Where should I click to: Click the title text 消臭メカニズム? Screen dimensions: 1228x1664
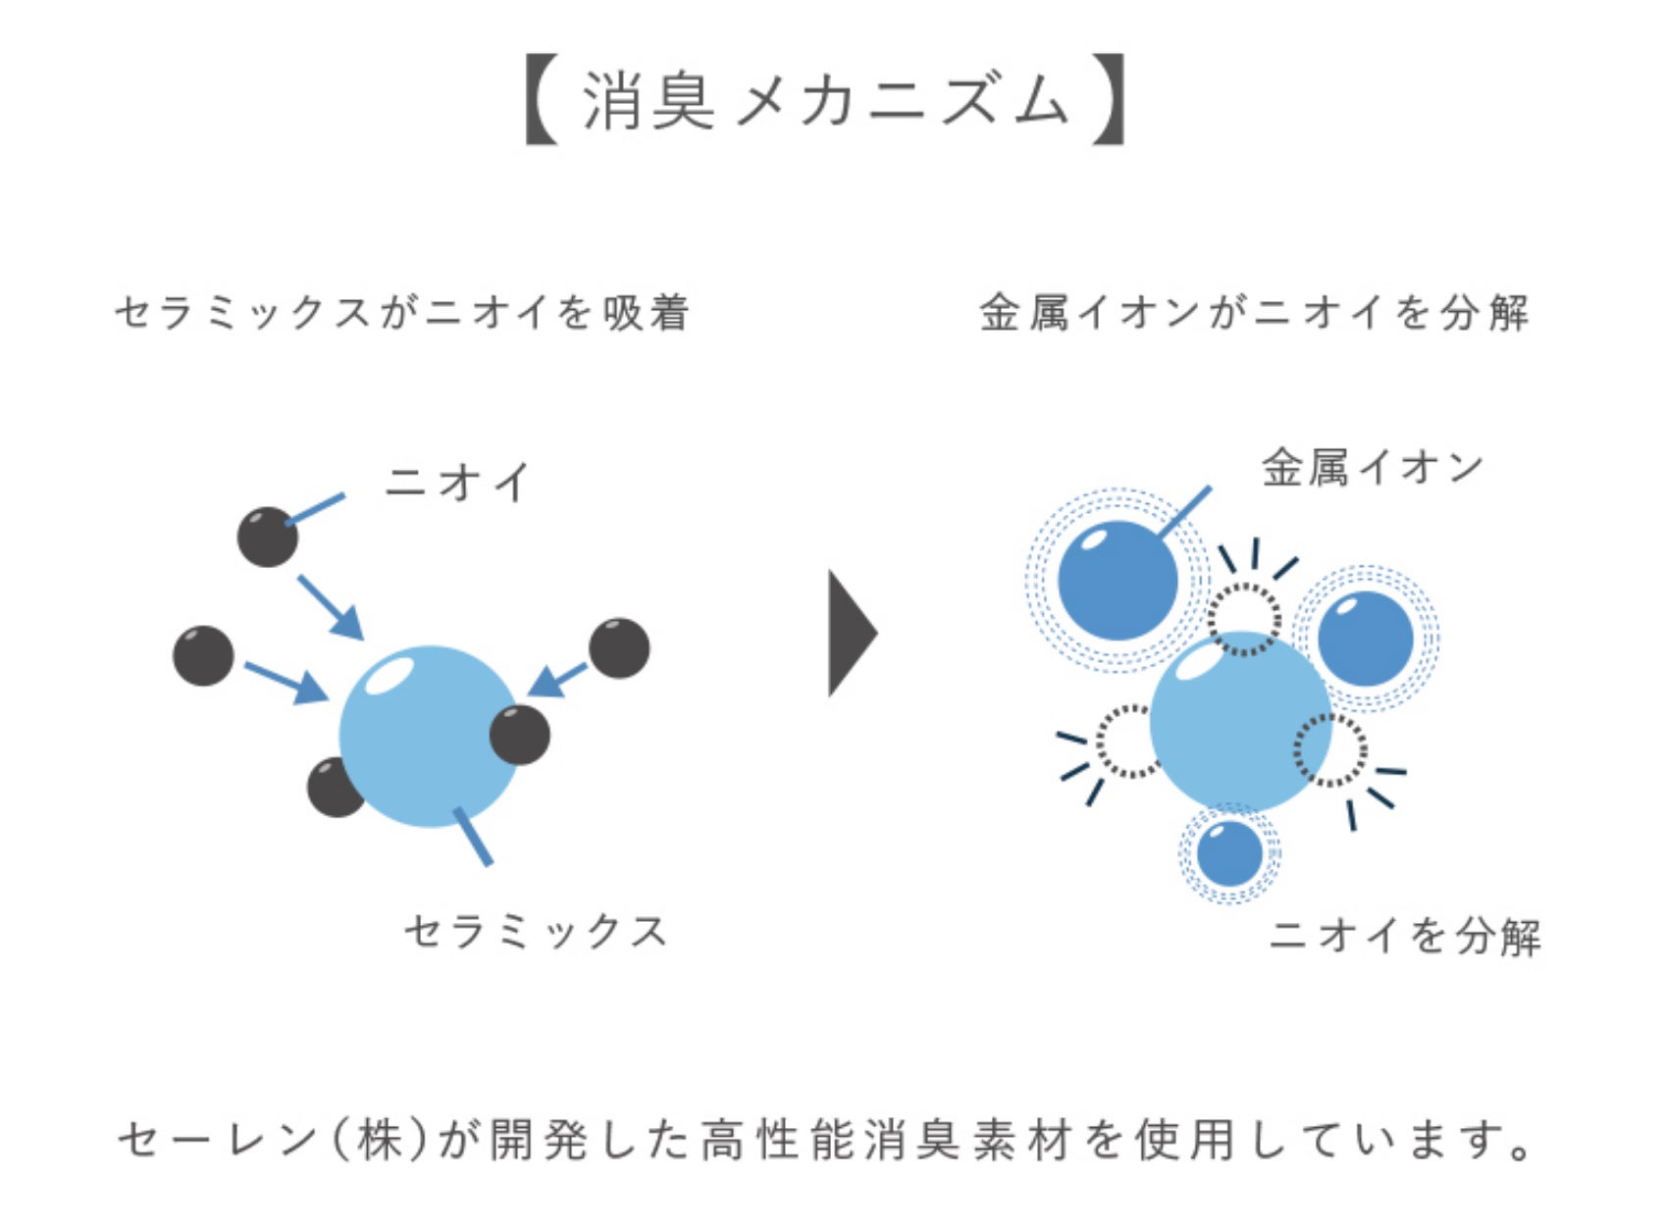pyautogui.click(x=825, y=101)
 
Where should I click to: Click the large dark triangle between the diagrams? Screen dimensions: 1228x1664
pyautogui.click(x=851, y=633)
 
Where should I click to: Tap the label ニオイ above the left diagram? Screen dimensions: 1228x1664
pyautogui.click(x=457, y=483)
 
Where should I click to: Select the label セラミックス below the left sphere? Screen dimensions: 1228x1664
pyautogui.click(x=536, y=931)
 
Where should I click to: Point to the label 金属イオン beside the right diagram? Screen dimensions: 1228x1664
pyautogui.click(x=1373, y=468)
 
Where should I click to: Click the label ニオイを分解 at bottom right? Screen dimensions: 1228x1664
pyautogui.click(x=1405, y=936)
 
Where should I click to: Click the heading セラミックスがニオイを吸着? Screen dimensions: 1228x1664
pyautogui.click(x=402, y=313)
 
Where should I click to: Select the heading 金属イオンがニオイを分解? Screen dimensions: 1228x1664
pyautogui.click(x=1255, y=313)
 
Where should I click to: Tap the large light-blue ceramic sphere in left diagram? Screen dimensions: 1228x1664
pyautogui.click(x=429, y=736)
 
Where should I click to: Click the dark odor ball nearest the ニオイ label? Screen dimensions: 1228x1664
pyautogui.click(x=268, y=537)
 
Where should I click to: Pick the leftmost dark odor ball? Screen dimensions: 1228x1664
pyautogui.click(x=203, y=655)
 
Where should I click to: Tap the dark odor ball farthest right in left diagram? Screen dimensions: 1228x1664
pyautogui.click(x=619, y=648)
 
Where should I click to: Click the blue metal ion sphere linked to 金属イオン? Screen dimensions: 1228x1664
pyautogui.click(x=1118, y=581)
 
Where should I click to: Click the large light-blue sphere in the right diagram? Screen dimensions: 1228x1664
pyautogui.click(x=1240, y=721)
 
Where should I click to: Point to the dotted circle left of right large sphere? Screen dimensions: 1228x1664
pyautogui.click(x=1128, y=742)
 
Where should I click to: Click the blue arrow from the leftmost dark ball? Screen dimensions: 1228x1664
pyautogui.click(x=286, y=682)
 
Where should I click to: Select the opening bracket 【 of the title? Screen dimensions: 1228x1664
pyautogui.click(x=542, y=101)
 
